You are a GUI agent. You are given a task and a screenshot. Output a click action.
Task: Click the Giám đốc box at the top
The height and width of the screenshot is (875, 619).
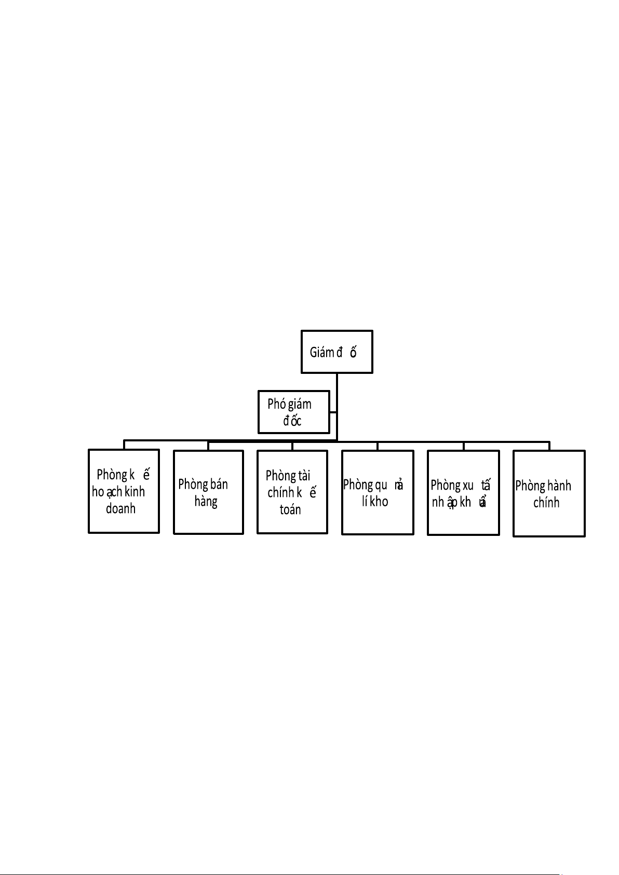tap(337, 352)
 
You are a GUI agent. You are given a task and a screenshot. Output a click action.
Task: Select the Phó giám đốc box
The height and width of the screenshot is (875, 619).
tap(294, 412)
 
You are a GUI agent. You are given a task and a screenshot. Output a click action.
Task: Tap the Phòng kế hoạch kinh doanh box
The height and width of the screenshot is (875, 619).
tap(124, 491)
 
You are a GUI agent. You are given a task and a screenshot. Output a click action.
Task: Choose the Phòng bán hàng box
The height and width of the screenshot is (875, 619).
tap(208, 492)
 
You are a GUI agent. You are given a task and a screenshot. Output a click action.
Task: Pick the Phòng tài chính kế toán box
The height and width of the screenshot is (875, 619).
tap(292, 492)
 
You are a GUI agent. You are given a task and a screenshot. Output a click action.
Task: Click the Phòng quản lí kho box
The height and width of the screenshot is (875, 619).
tap(378, 492)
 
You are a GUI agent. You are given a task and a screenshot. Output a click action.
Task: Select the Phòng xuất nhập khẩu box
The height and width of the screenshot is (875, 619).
tap(463, 493)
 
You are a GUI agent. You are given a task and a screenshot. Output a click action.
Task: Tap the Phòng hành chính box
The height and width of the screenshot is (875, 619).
tap(549, 493)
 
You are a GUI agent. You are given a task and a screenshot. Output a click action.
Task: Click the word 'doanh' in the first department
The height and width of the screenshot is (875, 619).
tap(120, 509)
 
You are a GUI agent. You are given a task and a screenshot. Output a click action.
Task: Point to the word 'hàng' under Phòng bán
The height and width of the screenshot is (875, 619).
tap(206, 502)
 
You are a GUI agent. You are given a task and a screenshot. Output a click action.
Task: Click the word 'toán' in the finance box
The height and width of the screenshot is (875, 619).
tap(290, 510)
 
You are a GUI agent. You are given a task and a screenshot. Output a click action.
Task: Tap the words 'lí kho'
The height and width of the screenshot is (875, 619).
tap(375, 502)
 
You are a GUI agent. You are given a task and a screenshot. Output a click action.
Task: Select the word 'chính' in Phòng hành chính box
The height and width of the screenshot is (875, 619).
tap(546, 503)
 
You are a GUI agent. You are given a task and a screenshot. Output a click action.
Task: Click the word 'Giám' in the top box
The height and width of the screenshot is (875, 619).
tap(321, 353)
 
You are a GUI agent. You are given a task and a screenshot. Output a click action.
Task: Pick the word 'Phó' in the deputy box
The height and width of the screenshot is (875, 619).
tap(277, 404)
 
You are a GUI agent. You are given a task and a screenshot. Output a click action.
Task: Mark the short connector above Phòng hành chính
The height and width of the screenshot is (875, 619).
tap(549, 446)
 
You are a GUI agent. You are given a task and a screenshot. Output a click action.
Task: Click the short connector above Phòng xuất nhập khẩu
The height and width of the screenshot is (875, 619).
tap(464, 446)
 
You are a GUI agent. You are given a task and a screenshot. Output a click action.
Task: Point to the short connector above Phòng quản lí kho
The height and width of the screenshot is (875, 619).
tap(378, 446)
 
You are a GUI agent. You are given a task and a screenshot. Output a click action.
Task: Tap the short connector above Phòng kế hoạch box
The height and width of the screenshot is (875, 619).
tap(124, 445)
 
